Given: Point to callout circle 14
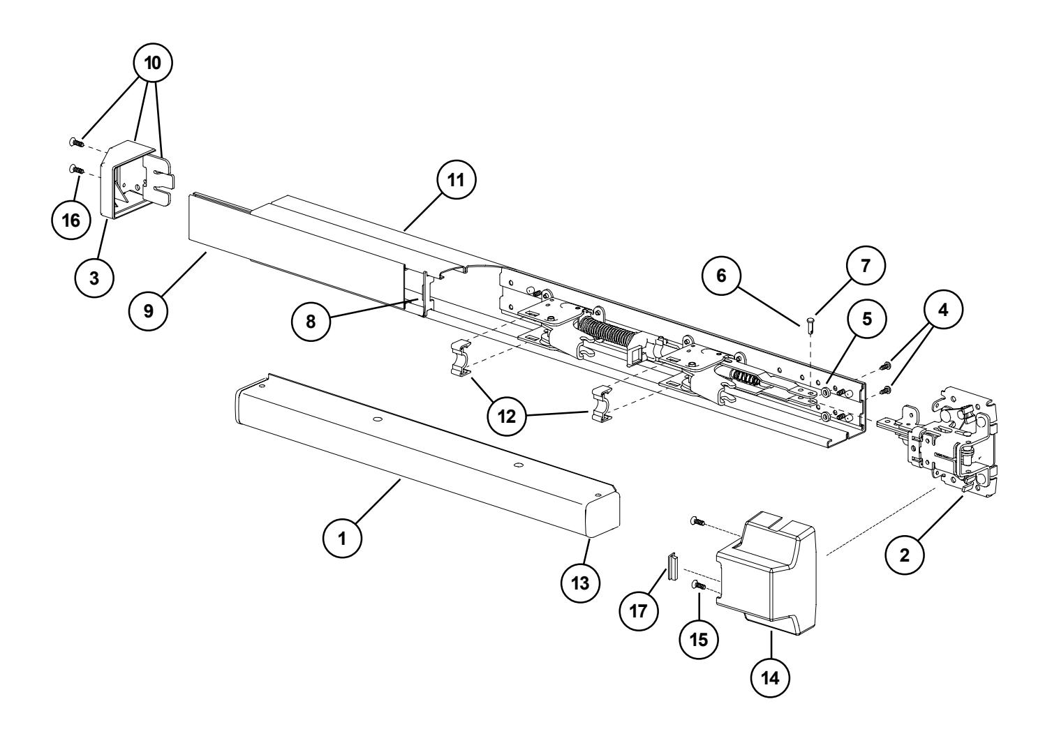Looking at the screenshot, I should [771, 680].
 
